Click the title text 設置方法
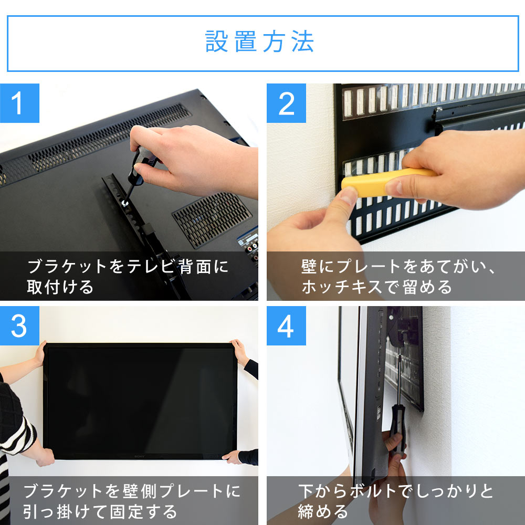260,42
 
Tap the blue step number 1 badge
19,103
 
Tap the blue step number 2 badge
286,103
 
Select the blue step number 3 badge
19,327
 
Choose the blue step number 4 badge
286,327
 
